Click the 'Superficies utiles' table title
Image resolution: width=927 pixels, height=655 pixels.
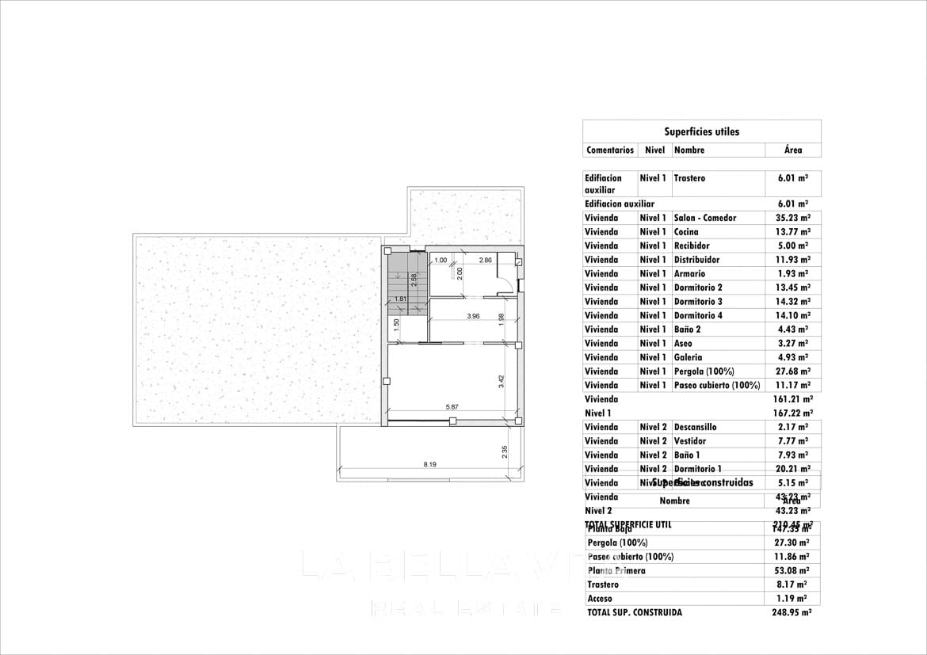point(701,131)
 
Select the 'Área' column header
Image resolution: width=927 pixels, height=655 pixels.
point(793,150)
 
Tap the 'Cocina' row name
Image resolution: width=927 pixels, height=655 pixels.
point(686,232)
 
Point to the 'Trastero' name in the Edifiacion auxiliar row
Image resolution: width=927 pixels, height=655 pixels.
point(689,178)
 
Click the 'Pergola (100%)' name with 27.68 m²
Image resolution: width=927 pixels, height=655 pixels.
point(704,371)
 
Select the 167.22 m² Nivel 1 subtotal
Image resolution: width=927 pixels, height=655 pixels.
point(793,413)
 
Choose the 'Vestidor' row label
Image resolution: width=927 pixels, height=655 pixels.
point(690,441)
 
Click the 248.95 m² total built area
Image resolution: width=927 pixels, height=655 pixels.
point(792,612)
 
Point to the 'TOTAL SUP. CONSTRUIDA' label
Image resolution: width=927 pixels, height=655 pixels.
point(635,612)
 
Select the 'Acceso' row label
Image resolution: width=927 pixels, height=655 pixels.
point(600,599)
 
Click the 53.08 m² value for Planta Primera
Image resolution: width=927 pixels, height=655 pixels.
point(792,570)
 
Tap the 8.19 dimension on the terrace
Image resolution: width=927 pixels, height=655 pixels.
point(429,464)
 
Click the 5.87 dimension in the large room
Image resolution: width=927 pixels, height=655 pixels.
point(452,407)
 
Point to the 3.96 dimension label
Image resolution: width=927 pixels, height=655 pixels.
point(474,316)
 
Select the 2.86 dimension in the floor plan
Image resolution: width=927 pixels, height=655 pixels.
point(486,260)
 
